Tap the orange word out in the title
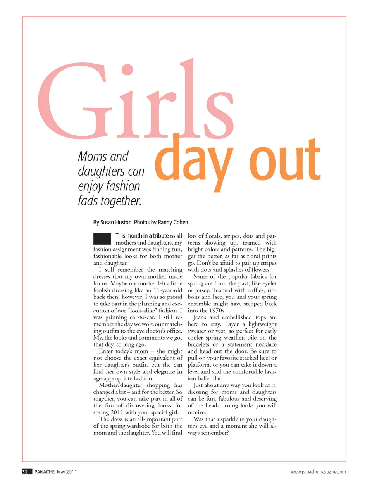(x=285, y=160)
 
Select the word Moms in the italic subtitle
(x=92, y=156)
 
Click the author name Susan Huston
(x=116, y=222)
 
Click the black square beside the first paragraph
(x=102, y=238)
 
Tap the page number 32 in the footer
(x=25, y=472)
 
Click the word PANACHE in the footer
(x=45, y=472)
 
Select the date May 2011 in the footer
(x=67, y=472)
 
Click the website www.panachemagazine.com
(x=318, y=472)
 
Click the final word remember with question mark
(x=214, y=433)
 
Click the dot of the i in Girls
(x=127, y=70)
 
